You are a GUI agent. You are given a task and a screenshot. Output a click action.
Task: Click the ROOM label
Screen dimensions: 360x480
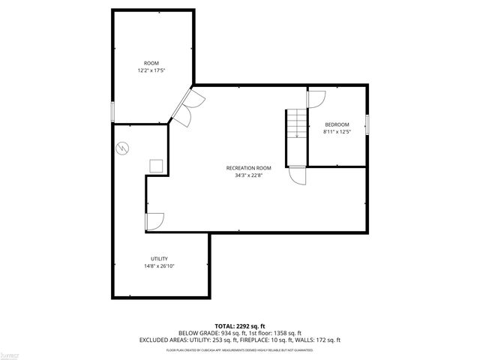[151, 63]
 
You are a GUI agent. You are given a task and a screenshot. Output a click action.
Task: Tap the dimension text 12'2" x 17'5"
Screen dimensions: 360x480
[151, 70]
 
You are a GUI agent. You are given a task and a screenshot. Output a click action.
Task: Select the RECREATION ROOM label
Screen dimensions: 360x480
[248, 168]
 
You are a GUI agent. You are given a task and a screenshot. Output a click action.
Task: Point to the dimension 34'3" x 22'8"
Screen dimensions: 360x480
[248, 175]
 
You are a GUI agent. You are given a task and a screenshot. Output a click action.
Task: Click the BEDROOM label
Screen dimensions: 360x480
[337, 124]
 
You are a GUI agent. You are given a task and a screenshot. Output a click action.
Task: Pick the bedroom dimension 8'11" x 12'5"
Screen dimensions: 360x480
[337, 132]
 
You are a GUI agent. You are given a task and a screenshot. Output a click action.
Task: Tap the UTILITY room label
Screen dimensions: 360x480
[159, 258]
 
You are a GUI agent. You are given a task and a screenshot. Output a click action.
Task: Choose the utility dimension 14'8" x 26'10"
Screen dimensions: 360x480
[159, 265]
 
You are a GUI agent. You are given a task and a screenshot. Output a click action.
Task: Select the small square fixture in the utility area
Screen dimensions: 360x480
[157, 166]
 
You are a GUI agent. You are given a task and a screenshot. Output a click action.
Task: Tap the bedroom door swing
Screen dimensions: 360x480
[316, 98]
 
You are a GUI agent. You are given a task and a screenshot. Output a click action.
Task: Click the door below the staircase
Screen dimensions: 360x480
[298, 175]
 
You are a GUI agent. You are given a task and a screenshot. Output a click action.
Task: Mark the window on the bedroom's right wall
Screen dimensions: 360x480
[367, 124]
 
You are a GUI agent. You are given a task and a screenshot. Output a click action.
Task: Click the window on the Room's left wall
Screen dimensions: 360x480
[113, 111]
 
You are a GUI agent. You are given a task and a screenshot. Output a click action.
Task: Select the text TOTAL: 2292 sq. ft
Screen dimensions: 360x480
[239, 326]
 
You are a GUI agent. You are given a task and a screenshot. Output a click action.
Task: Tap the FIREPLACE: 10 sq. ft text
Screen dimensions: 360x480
[281, 340]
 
